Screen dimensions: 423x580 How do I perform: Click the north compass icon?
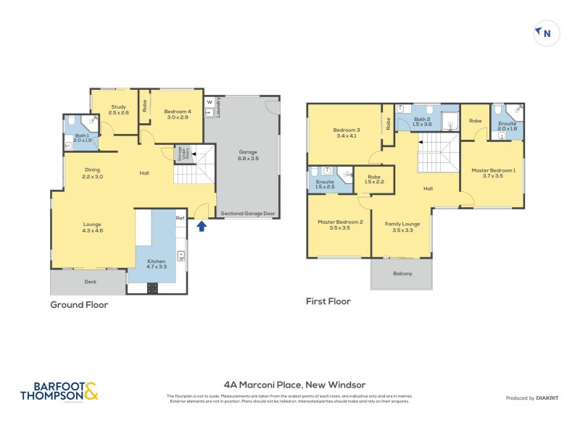pos(547,33)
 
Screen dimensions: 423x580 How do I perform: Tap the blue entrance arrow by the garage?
pos(202,227)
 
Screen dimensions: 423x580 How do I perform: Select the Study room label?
pos(118,110)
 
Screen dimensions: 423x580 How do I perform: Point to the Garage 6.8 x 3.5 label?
pos(249,156)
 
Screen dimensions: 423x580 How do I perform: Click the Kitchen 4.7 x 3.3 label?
pos(157,264)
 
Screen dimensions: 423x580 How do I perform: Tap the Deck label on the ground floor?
pos(91,281)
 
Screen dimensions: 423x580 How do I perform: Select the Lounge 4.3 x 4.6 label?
pos(92,227)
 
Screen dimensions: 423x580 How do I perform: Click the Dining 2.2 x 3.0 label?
pos(92,173)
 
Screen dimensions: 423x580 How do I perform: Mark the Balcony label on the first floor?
pos(402,273)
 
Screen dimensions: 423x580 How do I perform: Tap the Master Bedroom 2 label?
pos(339,225)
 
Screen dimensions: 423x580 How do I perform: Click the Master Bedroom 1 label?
pos(494,173)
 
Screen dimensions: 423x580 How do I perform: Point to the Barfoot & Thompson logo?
pos(59,391)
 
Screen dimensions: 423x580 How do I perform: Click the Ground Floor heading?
pos(79,305)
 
